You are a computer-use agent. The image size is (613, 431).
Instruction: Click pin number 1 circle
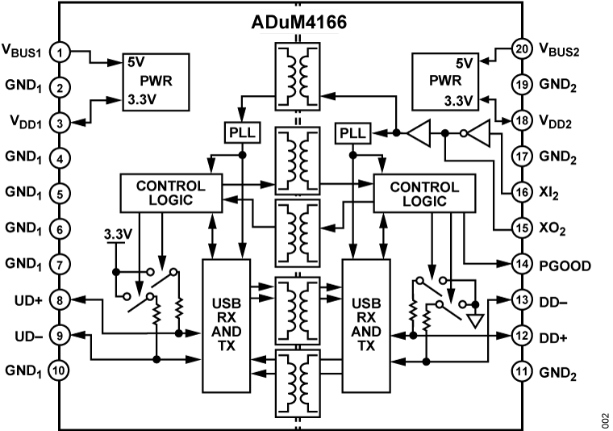60,52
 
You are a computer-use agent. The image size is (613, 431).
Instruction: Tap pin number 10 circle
60,370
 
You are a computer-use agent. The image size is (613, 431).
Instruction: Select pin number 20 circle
522,48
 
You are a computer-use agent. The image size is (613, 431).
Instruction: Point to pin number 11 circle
522,371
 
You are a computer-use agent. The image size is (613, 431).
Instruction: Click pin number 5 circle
60,194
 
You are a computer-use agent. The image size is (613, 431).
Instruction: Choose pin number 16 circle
522,192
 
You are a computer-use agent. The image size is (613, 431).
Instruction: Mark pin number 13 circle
522,299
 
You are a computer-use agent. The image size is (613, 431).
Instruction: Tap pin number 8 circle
60,300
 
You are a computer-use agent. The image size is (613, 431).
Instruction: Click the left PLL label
242,133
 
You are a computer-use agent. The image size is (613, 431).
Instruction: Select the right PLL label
352,133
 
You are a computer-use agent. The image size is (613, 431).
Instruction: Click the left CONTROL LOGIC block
171,194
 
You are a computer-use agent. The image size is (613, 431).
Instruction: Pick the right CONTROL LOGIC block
424,194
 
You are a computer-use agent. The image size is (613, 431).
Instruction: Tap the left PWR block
156,82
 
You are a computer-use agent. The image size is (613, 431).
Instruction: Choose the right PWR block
444,82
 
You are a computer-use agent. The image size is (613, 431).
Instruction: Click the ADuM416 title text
298,23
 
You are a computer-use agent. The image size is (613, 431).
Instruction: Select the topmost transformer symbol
298,76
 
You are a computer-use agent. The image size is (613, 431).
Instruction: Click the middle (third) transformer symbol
298,232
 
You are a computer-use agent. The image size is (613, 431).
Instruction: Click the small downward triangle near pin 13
475,320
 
